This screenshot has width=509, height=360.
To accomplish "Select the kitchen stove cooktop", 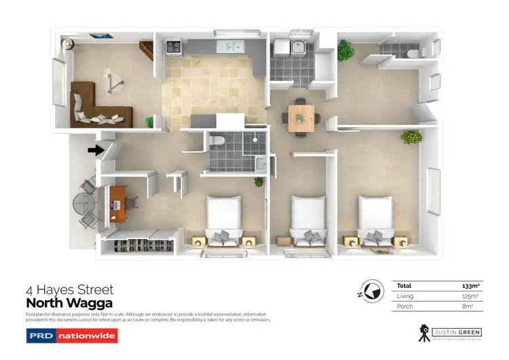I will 172,48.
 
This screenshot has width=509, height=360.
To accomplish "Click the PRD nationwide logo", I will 71,336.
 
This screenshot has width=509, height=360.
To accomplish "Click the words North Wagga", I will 69,303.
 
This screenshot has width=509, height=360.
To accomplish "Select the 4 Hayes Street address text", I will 69,290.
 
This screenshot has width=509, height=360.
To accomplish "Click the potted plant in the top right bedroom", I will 345,49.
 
